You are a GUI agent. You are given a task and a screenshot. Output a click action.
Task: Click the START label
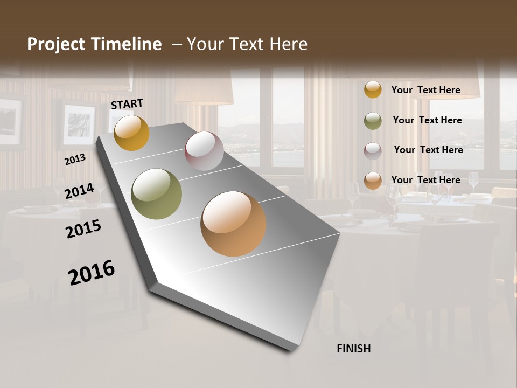(x=127, y=104)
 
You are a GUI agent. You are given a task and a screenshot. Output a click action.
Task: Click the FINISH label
(x=354, y=349)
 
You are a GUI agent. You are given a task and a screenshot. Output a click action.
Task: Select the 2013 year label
(x=75, y=160)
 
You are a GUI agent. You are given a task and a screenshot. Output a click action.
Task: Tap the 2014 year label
(x=79, y=191)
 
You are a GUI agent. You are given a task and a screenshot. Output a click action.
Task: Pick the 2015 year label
(x=83, y=229)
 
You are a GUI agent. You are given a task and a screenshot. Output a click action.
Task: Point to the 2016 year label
(x=92, y=272)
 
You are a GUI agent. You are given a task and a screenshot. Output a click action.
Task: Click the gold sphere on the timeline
(x=131, y=133)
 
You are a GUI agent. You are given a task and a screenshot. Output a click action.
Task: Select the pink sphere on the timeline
(x=204, y=151)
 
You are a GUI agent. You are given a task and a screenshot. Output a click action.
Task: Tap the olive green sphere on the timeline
(x=157, y=194)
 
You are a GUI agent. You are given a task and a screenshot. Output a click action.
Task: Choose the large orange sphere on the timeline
(x=233, y=224)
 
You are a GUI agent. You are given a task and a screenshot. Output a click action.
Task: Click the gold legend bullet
(x=373, y=89)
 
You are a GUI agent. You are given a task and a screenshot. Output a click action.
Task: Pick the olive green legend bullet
(x=373, y=121)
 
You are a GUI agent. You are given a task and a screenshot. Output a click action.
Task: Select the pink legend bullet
(x=373, y=151)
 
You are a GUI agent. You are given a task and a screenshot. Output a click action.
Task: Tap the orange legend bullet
(x=373, y=181)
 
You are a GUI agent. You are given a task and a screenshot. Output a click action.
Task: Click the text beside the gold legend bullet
(x=425, y=90)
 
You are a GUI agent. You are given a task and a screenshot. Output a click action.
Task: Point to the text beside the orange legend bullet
(x=425, y=180)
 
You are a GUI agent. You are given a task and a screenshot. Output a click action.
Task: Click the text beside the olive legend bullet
(x=427, y=120)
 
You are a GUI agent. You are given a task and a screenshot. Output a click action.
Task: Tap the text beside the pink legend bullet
(x=428, y=150)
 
